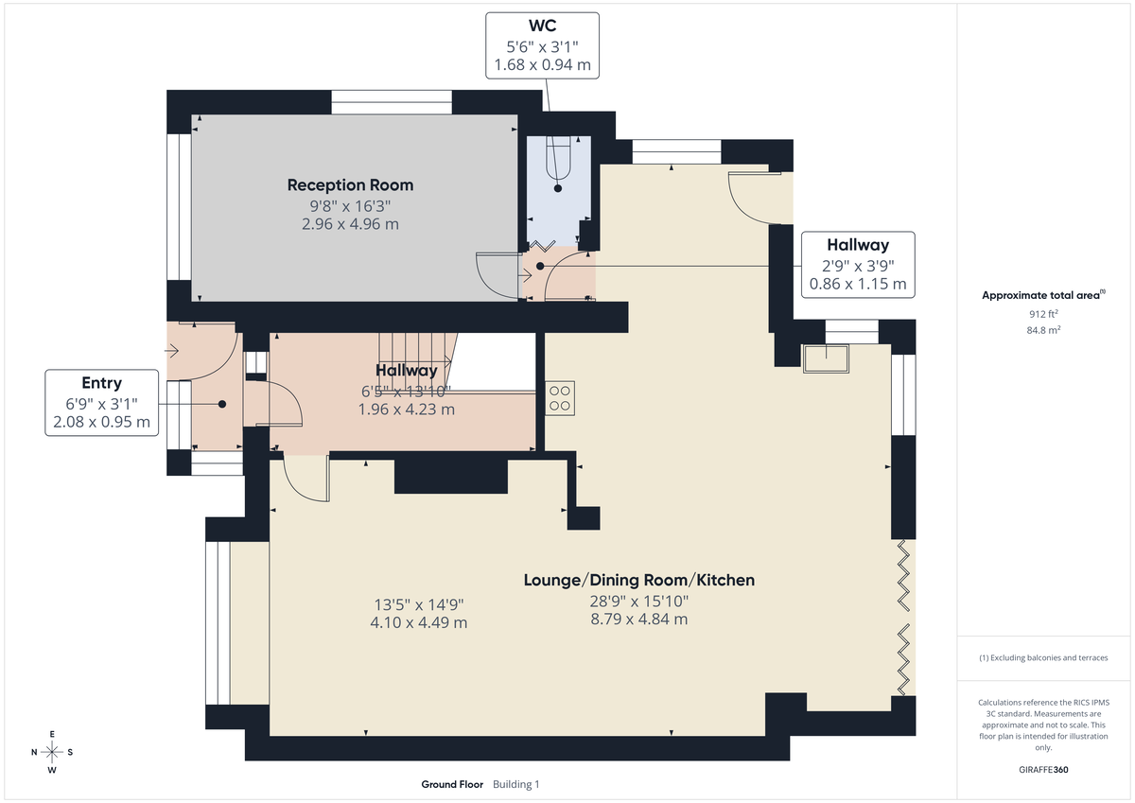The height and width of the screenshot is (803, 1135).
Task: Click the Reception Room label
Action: (x=350, y=184)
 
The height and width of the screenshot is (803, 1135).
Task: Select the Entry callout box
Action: (x=102, y=403)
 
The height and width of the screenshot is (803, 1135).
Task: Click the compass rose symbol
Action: (x=52, y=752)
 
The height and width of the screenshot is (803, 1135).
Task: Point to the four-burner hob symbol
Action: (x=559, y=397)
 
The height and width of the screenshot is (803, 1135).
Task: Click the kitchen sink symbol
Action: (x=826, y=357)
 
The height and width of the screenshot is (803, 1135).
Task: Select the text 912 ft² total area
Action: (x=1043, y=313)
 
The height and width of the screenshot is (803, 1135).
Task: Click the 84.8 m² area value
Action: (x=1043, y=330)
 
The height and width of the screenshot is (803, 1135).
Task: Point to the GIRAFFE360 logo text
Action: (x=1043, y=770)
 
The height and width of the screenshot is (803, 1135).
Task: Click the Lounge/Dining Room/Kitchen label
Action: (x=639, y=580)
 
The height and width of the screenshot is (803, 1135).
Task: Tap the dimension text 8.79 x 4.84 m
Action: (x=639, y=620)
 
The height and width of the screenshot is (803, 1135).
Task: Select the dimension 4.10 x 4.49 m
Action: (x=420, y=622)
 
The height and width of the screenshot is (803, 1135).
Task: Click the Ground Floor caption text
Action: (x=452, y=784)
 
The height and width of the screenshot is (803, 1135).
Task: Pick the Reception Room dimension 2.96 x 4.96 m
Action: (x=350, y=224)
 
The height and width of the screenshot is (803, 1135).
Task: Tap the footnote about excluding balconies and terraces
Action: (x=1043, y=657)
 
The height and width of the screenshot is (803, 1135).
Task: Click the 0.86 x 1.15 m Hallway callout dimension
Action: (x=858, y=284)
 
